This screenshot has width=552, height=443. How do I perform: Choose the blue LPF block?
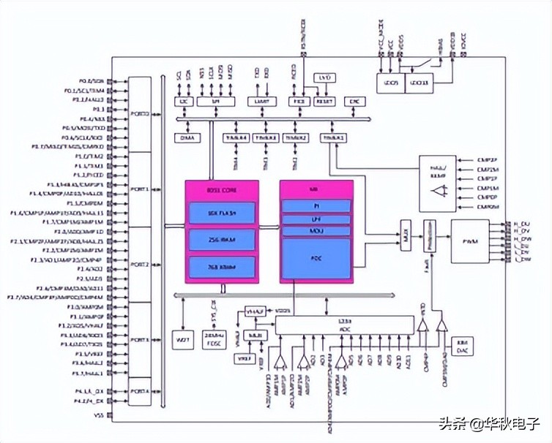tap(316, 219)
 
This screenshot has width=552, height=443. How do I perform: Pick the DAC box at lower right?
tap(462, 347)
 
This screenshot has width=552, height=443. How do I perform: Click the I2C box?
tap(184, 101)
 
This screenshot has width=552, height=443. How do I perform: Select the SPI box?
tap(216, 101)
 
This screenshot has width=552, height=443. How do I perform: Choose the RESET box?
tap(324, 101)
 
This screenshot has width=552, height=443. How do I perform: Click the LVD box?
tap(324, 77)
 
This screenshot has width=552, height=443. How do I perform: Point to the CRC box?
tap(355, 101)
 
